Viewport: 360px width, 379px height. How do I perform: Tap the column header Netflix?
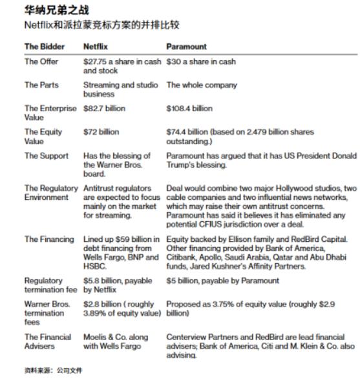[x=97, y=47]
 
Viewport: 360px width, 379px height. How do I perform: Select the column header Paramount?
[x=187, y=47]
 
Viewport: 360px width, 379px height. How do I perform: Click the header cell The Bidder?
[x=44, y=47]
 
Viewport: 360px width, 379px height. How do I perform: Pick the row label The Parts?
[x=41, y=85]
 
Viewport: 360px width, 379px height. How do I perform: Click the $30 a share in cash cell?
[x=201, y=61]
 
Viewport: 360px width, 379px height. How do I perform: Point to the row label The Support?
[x=45, y=155]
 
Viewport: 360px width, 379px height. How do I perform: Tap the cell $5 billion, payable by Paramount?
[x=222, y=281]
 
